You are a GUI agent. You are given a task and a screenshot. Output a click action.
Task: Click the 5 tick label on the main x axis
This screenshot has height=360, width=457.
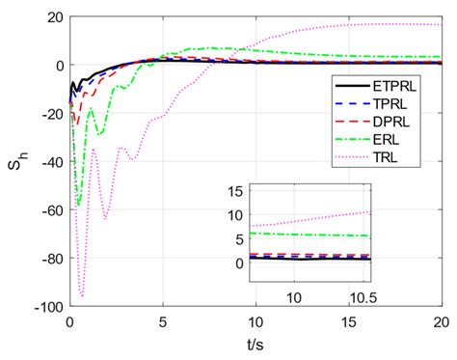pos(162,323)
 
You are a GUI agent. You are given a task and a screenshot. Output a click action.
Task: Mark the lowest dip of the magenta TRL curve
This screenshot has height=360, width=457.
pos(82,295)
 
